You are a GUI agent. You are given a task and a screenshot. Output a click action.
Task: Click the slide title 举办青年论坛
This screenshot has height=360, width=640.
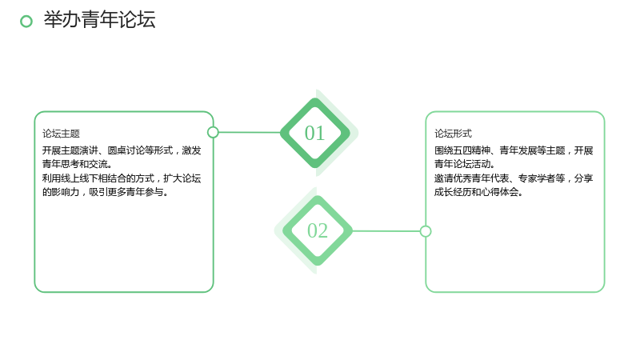click(x=99, y=19)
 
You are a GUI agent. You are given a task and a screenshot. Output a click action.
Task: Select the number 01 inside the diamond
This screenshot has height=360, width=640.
click(x=314, y=133)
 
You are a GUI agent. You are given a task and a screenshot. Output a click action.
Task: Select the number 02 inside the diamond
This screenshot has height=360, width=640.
click(x=318, y=230)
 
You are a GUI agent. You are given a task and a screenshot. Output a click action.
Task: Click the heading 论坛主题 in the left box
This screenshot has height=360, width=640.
click(x=62, y=134)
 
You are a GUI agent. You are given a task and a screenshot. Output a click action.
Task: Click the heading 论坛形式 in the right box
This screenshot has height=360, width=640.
click(x=453, y=134)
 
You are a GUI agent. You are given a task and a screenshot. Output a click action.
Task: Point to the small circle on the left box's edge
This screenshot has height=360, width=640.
click(x=213, y=132)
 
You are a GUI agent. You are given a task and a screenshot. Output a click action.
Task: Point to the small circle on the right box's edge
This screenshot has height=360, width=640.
click(x=426, y=231)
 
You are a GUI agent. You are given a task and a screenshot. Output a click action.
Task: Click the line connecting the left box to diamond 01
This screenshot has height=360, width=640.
click(x=250, y=132)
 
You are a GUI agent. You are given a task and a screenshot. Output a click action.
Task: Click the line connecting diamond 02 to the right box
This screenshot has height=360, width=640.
click(x=386, y=231)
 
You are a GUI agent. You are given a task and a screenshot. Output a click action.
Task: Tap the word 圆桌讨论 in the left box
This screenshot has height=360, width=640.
click(x=126, y=150)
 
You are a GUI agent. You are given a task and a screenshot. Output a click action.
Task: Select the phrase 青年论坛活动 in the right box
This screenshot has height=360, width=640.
click(x=462, y=164)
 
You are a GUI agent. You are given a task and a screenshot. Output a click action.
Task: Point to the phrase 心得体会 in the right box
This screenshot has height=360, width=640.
click(x=500, y=192)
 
